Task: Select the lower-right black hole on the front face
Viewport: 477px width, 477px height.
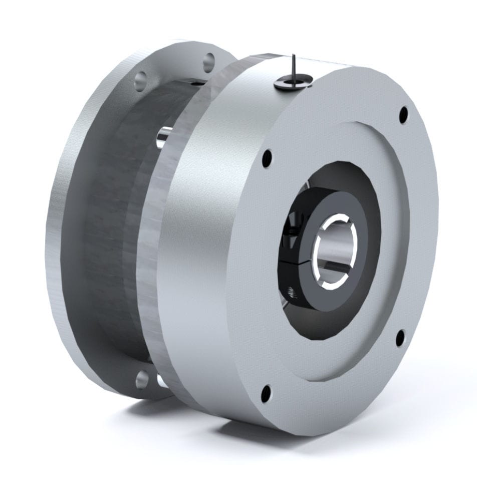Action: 400,338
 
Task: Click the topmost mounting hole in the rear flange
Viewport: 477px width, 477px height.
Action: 209,62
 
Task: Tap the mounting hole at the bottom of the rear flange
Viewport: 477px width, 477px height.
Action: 142,379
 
